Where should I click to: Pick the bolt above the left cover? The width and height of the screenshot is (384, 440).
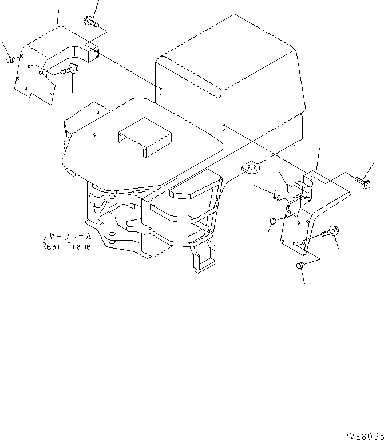click(91, 22)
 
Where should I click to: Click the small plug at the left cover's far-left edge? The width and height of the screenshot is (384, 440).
click(10, 59)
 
